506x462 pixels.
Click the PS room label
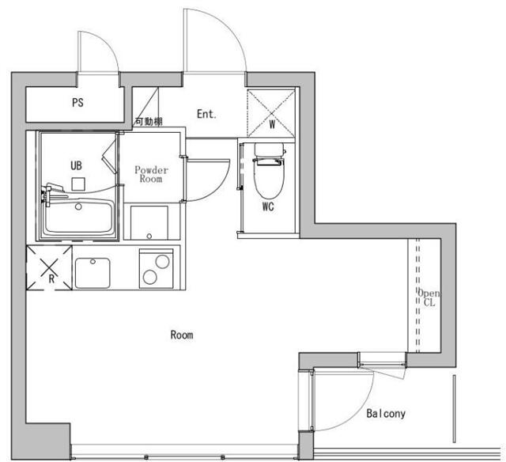point(77,103)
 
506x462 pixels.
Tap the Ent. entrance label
point(206,114)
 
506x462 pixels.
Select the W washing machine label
point(272,124)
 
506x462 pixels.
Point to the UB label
point(76,165)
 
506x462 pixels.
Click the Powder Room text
point(151,174)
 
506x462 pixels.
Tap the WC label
point(268,206)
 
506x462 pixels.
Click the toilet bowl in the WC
point(269,179)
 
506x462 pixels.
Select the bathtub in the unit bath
point(79,216)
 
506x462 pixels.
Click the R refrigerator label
point(51,278)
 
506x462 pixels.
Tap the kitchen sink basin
point(93,273)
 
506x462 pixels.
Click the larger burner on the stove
point(162,262)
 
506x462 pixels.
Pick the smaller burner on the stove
point(150,278)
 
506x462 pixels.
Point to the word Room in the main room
point(182,335)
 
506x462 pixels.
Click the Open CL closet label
point(429,298)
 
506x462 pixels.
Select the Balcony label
point(386,414)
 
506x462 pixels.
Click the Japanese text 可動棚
point(149,122)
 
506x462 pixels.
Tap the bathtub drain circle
point(78,206)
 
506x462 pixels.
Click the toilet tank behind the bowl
point(269,150)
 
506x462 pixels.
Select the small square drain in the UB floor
point(78,184)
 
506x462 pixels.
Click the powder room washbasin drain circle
point(149,236)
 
